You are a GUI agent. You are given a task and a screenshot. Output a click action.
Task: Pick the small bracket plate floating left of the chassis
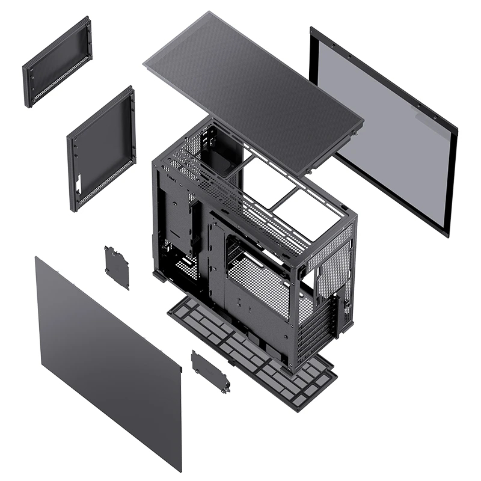tap(117, 266)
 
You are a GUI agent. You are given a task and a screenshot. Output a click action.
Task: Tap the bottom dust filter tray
tap(253, 355)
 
